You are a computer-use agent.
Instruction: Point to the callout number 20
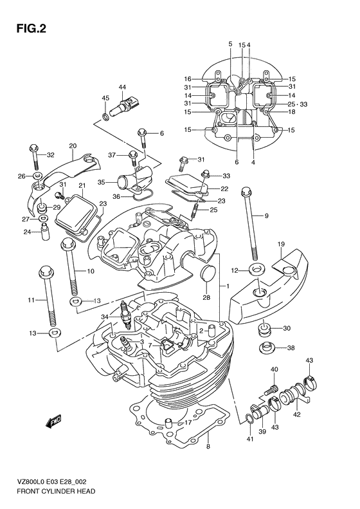(x=73, y=145)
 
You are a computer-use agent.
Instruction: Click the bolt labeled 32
(x=32, y=158)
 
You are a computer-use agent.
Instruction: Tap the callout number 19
(x=281, y=245)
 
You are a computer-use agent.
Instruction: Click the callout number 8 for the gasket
(x=208, y=446)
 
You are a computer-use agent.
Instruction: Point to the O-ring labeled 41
(x=249, y=420)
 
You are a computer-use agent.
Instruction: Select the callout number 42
(x=296, y=415)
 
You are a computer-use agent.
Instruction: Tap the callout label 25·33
(x=298, y=104)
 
